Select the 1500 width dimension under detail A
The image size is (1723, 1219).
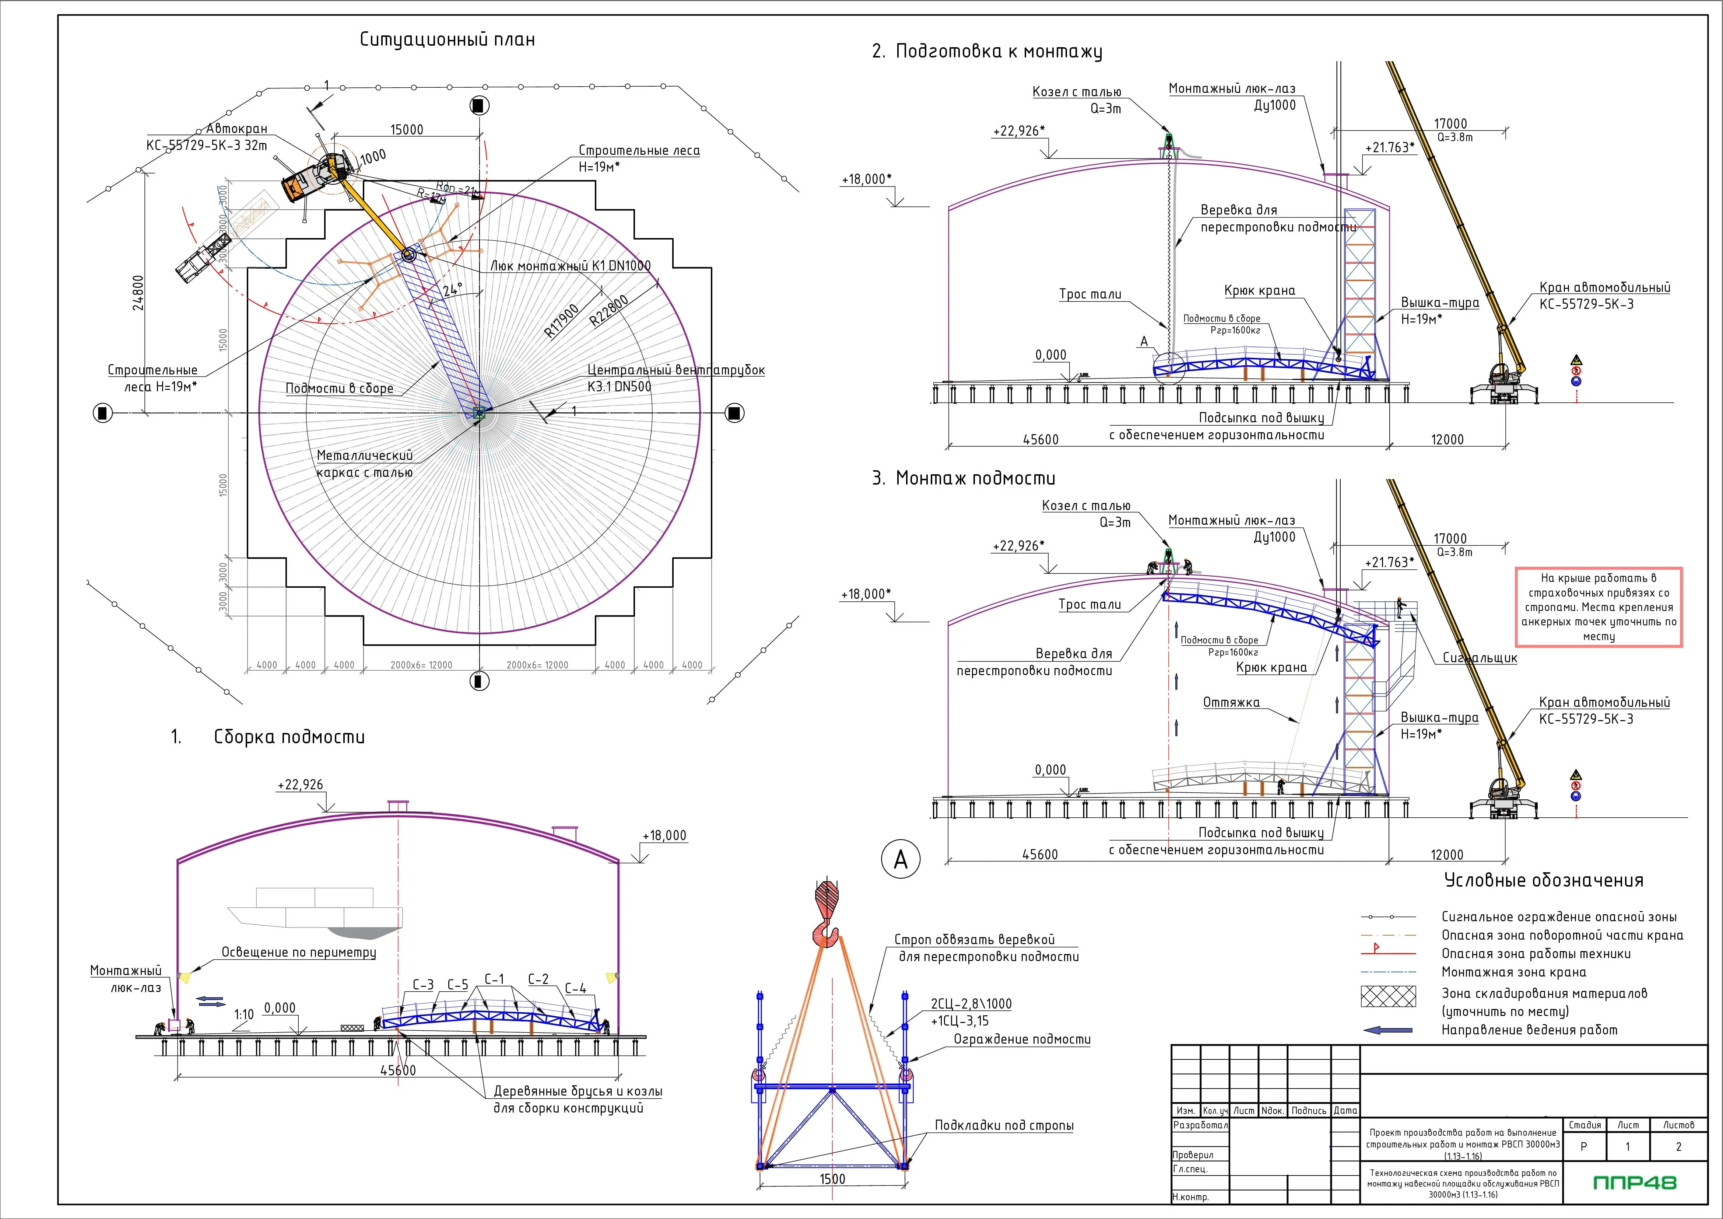click(832, 1179)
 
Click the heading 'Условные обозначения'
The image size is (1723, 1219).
click(1544, 880)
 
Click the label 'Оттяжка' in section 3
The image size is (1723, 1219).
click(1231, 703)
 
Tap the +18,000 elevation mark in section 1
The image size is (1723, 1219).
click(664, 835)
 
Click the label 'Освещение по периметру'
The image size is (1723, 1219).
click(299, 953)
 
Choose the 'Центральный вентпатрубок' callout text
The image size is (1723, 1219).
click(675, 370)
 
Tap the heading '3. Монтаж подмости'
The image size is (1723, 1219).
click(964, 478)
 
